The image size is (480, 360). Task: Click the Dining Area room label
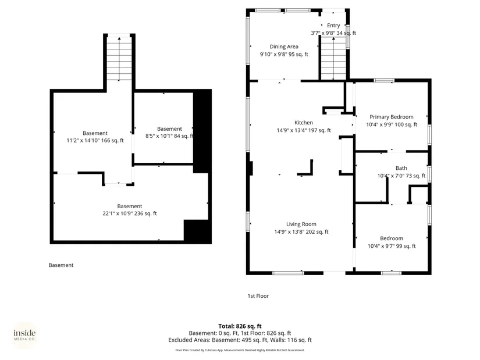tap(284, 47)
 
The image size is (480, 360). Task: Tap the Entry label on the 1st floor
tap(333, 26)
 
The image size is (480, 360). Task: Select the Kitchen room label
tap(304, 123)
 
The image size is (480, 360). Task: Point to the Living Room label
tap(301, 224)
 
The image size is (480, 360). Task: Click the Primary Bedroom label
tap(392, 117)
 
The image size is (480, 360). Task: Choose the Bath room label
tap(401, 168)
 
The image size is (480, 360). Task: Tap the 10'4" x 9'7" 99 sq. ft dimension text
tap(392, 246)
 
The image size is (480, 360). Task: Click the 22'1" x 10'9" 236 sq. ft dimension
tap(130, 213)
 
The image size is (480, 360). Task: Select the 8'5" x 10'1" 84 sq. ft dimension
tap(169, 136)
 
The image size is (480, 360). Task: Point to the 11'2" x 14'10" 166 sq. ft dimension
tap(95, 141)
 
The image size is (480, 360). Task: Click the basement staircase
tap(119, 58)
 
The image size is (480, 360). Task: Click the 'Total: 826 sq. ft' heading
tap(240, 326)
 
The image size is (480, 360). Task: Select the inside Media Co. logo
tap(25, 335)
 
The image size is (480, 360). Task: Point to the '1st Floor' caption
tap(258, 296)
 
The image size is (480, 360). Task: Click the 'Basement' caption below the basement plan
tap(61, 265)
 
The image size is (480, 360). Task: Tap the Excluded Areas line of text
tap(240, 340)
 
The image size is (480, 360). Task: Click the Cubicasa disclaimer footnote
tap(240, 350)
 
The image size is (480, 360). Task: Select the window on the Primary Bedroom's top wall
tap(384, 80)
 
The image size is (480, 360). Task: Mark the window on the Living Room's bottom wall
tap(288, 273)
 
